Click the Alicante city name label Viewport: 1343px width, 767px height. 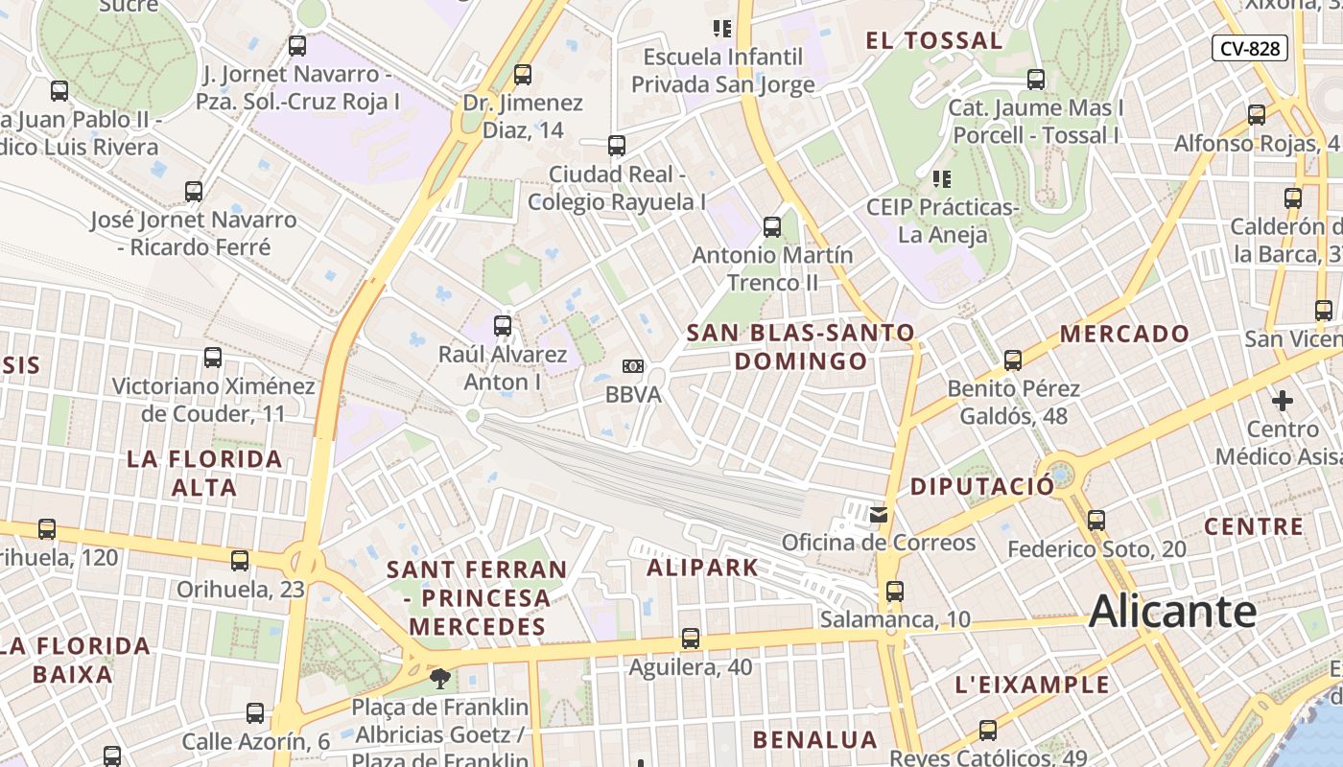tap(1172, 612)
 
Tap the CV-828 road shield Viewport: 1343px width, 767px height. tap(1249, 48)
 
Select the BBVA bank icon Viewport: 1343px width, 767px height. tap(632, 366)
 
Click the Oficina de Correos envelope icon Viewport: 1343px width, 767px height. tap(879, 515)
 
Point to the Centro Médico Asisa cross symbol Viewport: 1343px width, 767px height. tap(1283, 400)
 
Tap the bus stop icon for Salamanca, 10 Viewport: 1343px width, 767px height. tap(895, 592)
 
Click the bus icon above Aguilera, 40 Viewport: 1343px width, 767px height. tap(690, 639)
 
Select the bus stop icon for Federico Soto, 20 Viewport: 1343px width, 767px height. tap(1096, 521)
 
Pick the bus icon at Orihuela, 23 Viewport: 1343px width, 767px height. tap(240, 561)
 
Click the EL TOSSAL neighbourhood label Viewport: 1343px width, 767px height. tap(933, 40)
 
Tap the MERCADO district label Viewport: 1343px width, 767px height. tap(1124, 334)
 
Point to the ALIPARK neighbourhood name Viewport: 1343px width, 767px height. tap(702, 568)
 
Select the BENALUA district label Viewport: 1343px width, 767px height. tap(814, 739)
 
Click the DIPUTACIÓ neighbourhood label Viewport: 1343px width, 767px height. tap(981, 486)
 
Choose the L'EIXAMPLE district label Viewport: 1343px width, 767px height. tap(1032, 685)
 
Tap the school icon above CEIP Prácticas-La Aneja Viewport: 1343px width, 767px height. tap(942, 178)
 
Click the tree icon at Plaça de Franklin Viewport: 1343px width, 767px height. tap(440, 680)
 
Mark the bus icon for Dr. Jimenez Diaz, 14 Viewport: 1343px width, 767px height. tap(523, 74)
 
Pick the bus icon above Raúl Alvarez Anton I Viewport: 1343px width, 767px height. tap(503, 326)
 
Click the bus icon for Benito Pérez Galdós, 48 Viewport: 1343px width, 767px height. tap(1013, 360)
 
